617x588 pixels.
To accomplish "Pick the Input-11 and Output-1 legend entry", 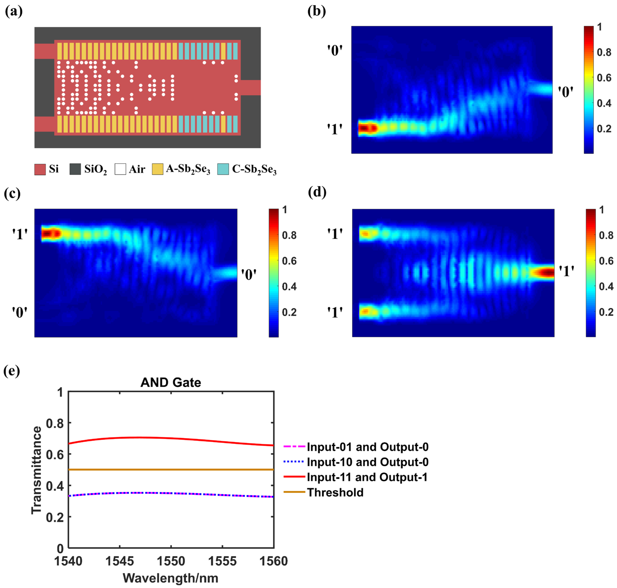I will click(367, 477).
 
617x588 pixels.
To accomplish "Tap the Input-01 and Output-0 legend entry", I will click(367, 447).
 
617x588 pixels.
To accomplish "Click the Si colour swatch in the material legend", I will click(40, 169).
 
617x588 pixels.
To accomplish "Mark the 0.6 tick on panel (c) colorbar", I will click(289, 261).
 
